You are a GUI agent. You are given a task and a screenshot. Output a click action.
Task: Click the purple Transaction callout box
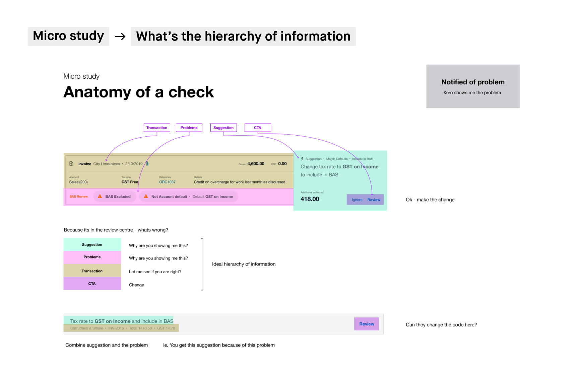pyautogui.click(x=157, y=128)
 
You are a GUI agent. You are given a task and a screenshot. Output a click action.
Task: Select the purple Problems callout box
pyautogui.click(x=189, y=128)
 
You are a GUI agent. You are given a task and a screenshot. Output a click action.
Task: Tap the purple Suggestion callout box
pyautogui.click(x=223, y=128)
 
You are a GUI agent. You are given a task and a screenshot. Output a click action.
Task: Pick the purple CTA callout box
pyautogui.click(x=257, y=128)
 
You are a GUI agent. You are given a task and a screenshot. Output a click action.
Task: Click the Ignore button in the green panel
pyautogui.click(x=357, y=200)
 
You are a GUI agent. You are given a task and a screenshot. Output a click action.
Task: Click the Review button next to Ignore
pyautogui.click(x=374, y=200)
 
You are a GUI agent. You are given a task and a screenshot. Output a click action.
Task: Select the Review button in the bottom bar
pyautogui.click(x=367, y=324)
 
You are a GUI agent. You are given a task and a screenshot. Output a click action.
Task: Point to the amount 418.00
pyautogui.click(x=310, y=199)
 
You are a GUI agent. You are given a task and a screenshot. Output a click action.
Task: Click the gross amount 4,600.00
pyautogui.click(x=256, y=164)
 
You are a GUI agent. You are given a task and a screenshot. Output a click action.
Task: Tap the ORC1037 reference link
pyautogui.click(x=167, y=182)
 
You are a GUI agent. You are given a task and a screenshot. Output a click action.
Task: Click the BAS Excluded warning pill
pyautogui.click(x=115, y=197)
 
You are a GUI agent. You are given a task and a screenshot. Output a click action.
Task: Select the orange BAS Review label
pyautogui.click(x=78, y=197)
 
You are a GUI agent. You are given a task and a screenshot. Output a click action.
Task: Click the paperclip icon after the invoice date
pyautogui.click(x=147, y=164)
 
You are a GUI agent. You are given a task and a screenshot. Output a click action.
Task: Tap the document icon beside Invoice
pyautogui.click(x=71, y=164)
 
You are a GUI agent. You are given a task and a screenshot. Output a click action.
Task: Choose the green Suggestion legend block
pyautogui.click(x=92, y=244)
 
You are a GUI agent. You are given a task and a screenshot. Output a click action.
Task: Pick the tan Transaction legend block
pyautogui.click(x=92, y=271)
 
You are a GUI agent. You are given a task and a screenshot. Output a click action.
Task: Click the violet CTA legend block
pyautogui.click(x=92, y=284)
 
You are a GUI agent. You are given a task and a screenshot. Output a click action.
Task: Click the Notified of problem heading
pyautogui.click(x=473, y=82)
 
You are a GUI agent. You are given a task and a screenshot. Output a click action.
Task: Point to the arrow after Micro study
pyautogui.click(x=120, y=36)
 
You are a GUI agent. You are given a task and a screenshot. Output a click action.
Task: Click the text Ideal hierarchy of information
pyautogui.click(x=244, y=264)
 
